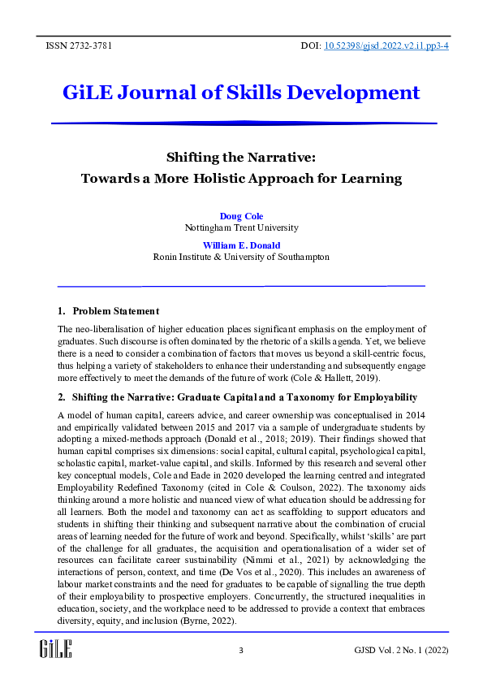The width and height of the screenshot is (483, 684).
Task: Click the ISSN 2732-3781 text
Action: [79, 45]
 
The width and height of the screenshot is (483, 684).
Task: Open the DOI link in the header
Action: [386, 45]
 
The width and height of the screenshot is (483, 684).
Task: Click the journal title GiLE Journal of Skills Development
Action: [241, 92]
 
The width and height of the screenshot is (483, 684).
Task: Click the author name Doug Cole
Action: [241, 216]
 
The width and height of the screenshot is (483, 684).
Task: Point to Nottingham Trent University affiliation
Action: [241, 228]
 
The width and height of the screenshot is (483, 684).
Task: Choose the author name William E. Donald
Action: [241, 245]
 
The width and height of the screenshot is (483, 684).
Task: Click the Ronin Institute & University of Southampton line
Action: [241, 257]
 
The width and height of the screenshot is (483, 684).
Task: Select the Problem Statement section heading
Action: [115, 311]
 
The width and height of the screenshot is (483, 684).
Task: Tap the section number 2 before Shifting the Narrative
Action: [61, 397]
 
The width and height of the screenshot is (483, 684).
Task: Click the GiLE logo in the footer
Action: [56, 648]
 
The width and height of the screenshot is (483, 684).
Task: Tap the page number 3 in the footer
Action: [241, 651]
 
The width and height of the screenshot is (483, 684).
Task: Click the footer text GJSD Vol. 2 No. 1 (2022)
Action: [401, 651]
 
